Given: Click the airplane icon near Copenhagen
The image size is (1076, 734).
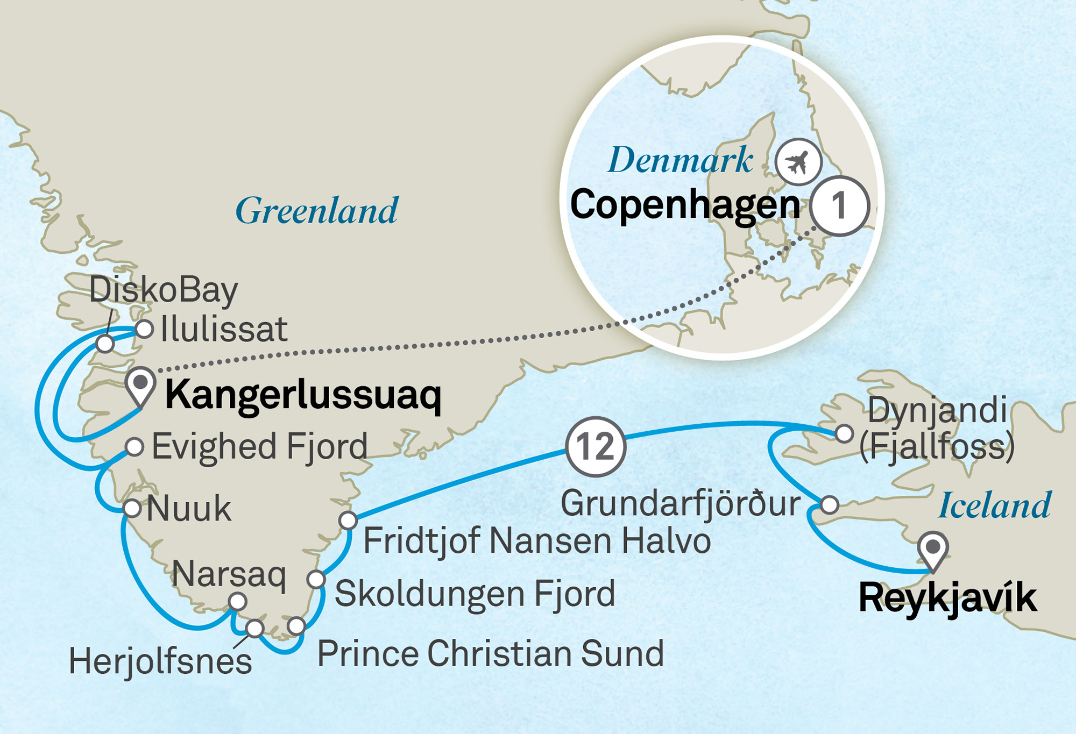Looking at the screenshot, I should coord(798,162).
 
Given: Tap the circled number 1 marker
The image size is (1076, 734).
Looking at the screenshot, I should coord(839,206).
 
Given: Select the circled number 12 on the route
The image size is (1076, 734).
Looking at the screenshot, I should coord(596,446).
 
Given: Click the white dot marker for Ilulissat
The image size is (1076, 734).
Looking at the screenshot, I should coord(144,329).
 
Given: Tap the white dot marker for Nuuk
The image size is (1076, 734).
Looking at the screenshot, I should coord(132,508).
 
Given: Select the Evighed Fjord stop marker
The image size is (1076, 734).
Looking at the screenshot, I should coord(134,446).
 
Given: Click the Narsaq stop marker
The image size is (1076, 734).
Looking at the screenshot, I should coord(237,601).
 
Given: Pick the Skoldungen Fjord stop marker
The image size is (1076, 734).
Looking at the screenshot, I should coord(316,579).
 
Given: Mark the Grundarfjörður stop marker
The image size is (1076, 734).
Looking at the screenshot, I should coord(829,504).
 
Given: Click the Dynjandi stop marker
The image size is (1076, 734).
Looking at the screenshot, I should coord(844,433).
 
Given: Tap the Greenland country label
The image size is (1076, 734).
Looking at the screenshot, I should coord(317,211).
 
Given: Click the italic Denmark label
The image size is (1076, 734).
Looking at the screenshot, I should coord(680,160).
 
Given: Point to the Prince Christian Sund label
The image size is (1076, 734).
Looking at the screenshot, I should coord(490,654).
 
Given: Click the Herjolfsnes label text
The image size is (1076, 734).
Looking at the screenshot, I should coord(160,662).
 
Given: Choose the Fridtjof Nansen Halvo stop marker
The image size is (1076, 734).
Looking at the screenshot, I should coord(348,520).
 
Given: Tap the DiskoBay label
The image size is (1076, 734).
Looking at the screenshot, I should coord(163,290).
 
